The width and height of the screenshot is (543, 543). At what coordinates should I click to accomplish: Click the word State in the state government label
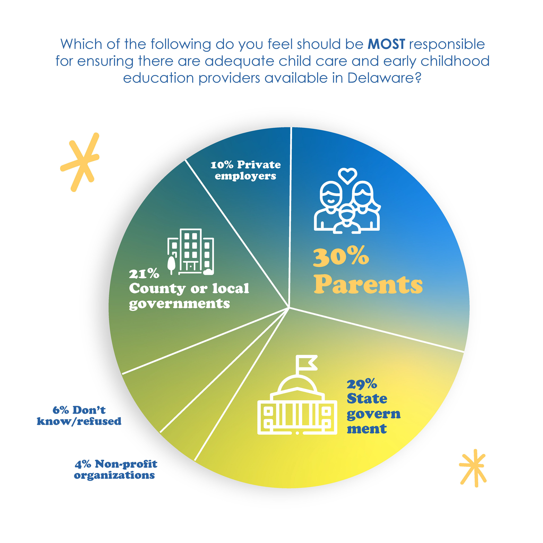[367, 398]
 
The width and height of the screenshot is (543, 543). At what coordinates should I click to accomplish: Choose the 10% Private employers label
[245, 170]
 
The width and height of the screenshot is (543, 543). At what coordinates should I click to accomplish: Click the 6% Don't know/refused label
[79, 415]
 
